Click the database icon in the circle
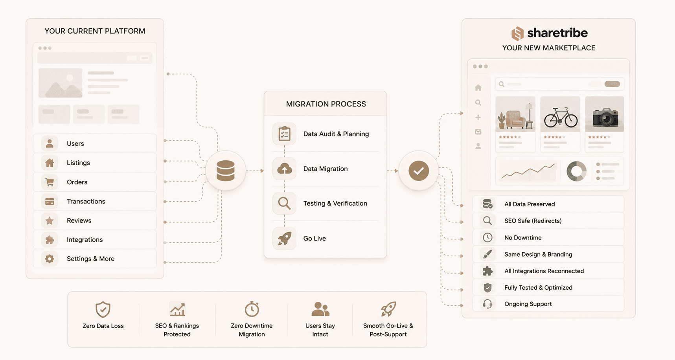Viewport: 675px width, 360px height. coord(226,171)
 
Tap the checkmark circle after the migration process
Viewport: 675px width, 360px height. coord(419,171)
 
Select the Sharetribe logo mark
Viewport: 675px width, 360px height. coord(517,33)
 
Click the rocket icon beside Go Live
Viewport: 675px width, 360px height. coord(285,238)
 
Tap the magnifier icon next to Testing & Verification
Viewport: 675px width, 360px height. coord(284,203)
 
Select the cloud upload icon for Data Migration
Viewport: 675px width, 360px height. coord(285,169)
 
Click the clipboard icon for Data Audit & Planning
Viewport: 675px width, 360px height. coord(284,134)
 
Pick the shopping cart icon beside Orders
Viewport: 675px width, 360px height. coord(50,182)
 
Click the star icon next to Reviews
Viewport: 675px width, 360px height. coord(50,220)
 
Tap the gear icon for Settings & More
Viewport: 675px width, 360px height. coord(50,259)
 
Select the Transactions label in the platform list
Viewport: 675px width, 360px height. coord(86,201)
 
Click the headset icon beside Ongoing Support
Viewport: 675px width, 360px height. coord(487,304)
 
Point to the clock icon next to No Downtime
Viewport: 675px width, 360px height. coord(487,237)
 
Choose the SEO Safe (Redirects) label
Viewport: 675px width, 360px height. coord(533,221)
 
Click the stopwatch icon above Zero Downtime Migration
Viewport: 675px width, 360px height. coord(252,309)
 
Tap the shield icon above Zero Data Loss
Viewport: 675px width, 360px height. coord(103,310)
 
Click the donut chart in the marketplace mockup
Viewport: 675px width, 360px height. coord(576,171)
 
